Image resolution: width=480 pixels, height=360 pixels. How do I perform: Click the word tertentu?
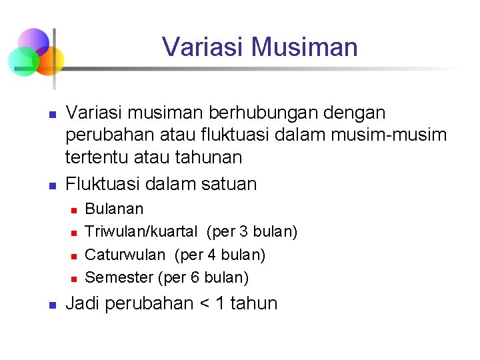101,157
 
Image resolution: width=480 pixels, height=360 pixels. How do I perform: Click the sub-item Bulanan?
115,209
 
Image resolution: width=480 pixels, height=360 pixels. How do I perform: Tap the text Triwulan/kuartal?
141,231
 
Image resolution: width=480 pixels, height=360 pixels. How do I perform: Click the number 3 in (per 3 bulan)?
243,231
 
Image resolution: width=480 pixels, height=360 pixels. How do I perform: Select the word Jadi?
83,303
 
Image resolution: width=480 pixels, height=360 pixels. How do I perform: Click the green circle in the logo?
21,61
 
